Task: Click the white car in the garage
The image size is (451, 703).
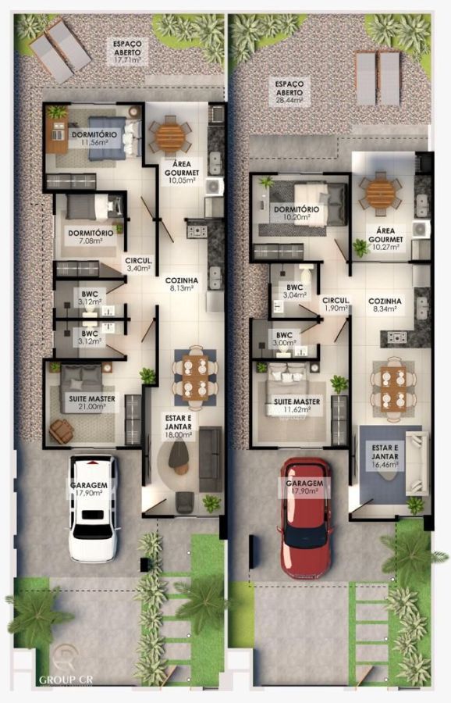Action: [94, 509]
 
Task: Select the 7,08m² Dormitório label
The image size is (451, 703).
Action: [91, 237]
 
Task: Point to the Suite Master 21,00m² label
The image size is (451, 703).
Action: [92, 402]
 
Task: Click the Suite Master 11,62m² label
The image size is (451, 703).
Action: [297, 405]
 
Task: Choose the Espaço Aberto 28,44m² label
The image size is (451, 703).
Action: [289, 92]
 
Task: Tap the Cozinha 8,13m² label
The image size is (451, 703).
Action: [181, 284]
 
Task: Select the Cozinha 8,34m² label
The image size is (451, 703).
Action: [385, 305]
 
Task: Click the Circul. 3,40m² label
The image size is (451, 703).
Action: [139, 265]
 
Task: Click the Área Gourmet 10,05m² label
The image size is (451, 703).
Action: [181, 172]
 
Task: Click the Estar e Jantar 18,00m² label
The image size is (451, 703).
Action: [178, 426]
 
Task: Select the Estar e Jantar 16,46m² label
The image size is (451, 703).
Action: [385, 456]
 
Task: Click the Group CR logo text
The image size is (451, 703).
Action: [66, 680]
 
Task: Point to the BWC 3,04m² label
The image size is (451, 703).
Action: [295, 291]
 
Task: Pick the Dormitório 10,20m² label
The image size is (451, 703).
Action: [297, 213]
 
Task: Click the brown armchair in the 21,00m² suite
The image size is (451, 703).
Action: [62, 431]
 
